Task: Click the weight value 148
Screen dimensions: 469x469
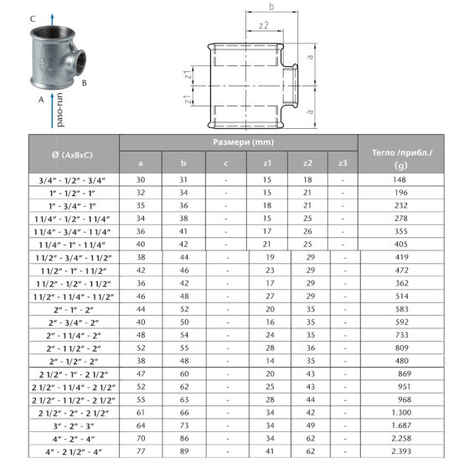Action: tap(400, 179)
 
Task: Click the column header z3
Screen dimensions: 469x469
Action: tap(342, 162)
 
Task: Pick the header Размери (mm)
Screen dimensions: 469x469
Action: tap(238, 142)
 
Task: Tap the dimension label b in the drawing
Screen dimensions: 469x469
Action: tap(271, 8)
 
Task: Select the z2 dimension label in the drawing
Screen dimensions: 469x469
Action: tap(263, 26)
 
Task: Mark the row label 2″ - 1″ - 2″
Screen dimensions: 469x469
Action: tap(71, 308)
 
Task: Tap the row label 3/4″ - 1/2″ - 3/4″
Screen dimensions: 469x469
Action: tap(71, 179)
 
